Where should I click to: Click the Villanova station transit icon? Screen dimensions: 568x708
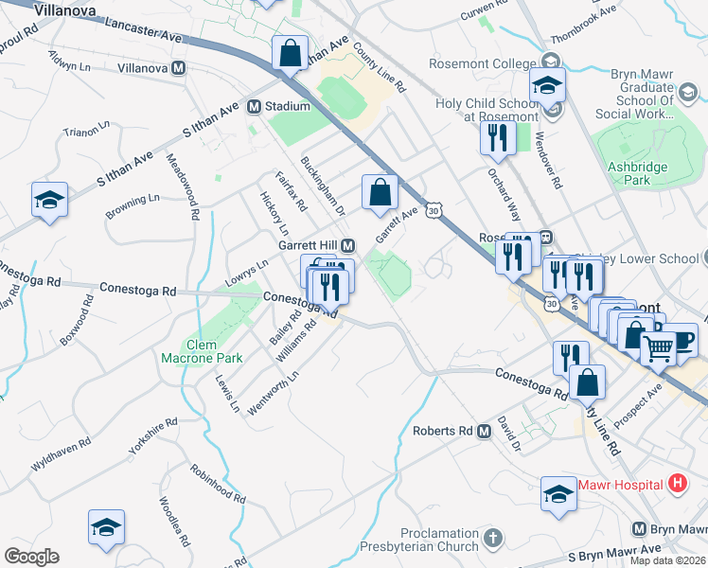(179, 68)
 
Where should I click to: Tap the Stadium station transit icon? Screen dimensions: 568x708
(254, 107)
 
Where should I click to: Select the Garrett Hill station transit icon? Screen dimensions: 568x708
(347, 244)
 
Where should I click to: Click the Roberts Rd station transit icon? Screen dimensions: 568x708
(484, 431)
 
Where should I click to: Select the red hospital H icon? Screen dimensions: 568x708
(677, 484)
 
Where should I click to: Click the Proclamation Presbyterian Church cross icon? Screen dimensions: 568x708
(492, 539)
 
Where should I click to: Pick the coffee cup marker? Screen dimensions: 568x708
(681, 339)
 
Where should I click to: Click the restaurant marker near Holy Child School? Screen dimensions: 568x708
(496, 138)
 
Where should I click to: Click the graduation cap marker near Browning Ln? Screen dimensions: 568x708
(49, 200)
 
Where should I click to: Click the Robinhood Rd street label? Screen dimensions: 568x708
(217, 483)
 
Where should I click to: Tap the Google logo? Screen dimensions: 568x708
(31, 557)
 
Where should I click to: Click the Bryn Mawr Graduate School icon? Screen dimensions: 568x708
(688, 92)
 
